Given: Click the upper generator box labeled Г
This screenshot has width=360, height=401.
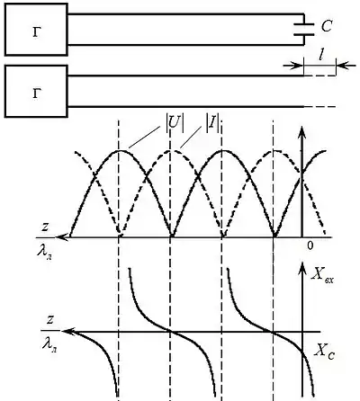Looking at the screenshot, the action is point(36,30).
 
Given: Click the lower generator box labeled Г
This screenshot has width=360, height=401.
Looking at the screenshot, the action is point(36,91).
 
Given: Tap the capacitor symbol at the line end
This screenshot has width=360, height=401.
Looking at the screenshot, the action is point(304,30).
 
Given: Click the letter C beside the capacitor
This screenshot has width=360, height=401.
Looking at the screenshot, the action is point(326,26).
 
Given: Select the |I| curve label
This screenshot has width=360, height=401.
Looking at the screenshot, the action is point(213,126).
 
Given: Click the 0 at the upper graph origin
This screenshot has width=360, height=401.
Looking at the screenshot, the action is point(310,245).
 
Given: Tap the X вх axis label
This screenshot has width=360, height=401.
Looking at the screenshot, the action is point(322,274).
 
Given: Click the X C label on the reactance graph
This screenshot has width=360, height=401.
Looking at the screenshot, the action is point(324,351).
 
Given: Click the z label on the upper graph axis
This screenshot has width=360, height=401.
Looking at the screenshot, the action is point(45,227).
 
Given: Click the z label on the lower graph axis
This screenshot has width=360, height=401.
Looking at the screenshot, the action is point(49,320).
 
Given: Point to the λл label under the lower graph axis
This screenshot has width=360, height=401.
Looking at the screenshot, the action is point(49,344).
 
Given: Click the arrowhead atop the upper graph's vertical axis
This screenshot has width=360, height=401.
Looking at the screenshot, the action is point(302,132).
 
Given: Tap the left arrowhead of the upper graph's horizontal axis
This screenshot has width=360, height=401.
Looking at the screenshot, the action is point(62,237).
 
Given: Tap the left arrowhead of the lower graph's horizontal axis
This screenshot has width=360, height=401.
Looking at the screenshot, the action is point(67,331).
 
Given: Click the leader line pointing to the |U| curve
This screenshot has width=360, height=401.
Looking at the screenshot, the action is point(144,137).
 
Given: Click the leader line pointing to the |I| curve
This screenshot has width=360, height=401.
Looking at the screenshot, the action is point(190,137).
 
